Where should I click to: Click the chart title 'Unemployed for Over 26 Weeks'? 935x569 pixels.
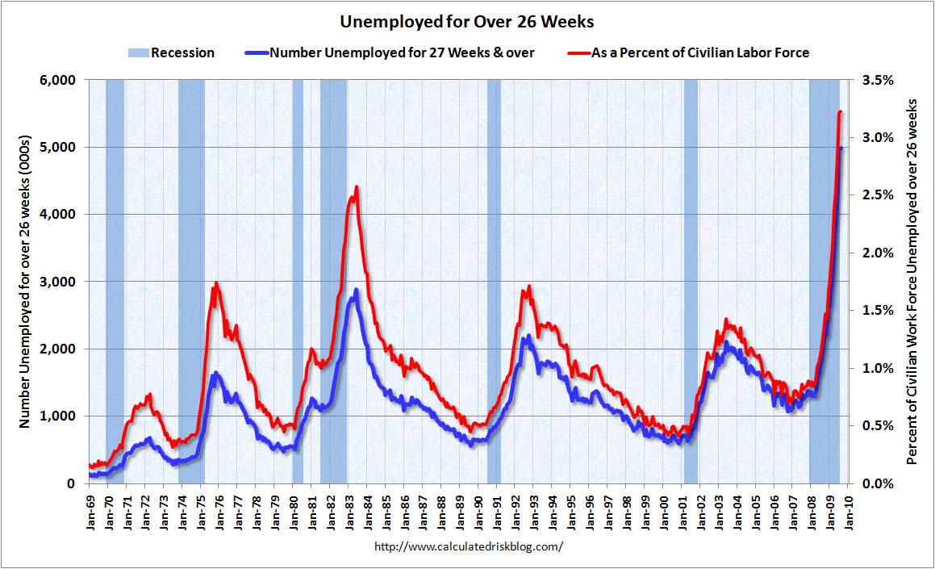coord(467,20)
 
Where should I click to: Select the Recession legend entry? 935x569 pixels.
coord(171,52)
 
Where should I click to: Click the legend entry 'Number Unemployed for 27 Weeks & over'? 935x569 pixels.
coord(402,52)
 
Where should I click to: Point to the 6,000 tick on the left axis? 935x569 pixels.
coord(59,80)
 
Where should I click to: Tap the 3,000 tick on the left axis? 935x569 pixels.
coord(59,282)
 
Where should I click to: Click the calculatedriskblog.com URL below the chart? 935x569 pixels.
coord(469,546)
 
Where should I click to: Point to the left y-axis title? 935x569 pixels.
coord(24,281)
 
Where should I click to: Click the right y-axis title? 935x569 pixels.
coord(912,281)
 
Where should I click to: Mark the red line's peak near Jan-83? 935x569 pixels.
coord(356,187)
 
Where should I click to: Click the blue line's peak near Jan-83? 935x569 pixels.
coord(356,289)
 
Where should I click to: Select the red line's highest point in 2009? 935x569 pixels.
coord(840,112)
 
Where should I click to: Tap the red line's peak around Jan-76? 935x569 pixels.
coord(215,284)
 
